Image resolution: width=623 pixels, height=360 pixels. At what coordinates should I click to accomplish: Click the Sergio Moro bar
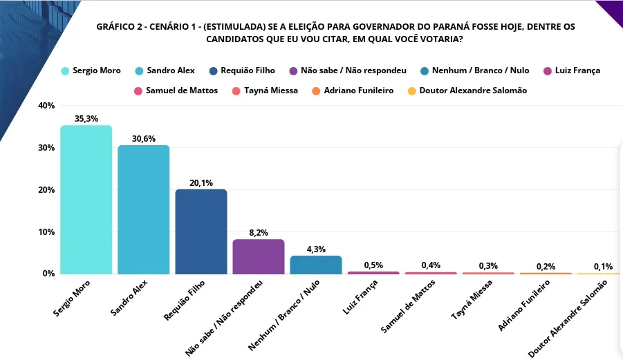point(86,200)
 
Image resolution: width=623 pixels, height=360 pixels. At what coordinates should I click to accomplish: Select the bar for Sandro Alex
point(143,209)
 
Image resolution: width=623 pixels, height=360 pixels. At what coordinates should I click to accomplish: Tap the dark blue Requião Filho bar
point(201,231)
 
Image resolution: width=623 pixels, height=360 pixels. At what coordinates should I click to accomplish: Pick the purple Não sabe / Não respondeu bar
point(259,256)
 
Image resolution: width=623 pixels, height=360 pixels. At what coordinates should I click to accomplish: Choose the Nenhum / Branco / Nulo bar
point(316,265)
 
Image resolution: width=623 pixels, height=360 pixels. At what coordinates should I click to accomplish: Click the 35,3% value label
point(86,119)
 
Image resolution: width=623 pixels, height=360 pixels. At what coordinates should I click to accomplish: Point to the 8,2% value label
point(259,233)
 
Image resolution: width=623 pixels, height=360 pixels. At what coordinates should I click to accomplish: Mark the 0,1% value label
point(603,267)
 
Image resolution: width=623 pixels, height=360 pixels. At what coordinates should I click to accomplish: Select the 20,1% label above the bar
point(201,183)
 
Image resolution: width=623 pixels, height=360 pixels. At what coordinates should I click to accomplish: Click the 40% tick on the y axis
point(46,106)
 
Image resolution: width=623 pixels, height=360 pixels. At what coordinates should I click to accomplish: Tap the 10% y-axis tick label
point(46,231)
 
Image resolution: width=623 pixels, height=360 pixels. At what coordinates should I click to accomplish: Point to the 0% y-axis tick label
point(48,274)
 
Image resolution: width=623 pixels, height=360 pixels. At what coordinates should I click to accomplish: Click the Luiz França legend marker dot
point(548,71)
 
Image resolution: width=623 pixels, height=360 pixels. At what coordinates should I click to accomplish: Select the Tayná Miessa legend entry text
point(271,91)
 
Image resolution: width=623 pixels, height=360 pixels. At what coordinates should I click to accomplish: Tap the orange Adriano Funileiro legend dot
point(316,91)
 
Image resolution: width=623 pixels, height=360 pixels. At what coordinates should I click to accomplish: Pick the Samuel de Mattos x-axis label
point(408,306)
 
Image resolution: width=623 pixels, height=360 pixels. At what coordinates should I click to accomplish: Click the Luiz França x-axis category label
point(360,297)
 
